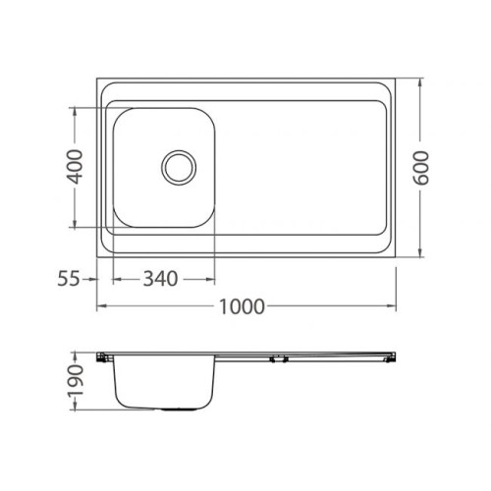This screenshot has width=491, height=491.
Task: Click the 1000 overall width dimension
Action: (x=242, y=306)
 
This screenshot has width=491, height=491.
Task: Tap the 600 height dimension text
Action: (x=420, y=168)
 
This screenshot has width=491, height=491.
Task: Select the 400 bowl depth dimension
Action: (x=75, y=167)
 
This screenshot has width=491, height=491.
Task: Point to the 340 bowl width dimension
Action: (x=160, y=279)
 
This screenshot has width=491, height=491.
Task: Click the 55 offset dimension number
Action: (x=69, y=279)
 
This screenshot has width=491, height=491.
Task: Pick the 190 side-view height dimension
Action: (x=75, y=381)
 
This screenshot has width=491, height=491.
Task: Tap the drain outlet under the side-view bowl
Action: (x=179, y=409)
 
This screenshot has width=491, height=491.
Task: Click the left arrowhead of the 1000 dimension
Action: (x=102, y=306)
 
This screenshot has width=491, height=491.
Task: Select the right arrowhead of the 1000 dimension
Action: (x=391, y=306)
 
